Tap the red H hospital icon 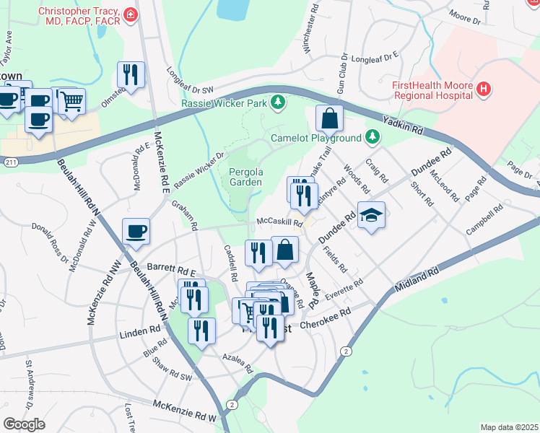coord(484,90)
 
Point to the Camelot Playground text coord(315,138)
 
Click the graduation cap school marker coord(371,215)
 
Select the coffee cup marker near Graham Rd coord(136,231)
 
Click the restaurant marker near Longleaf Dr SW coord(131,74)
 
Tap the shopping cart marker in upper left coord(71,102)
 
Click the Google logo coord(24,424)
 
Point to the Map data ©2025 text coord(509,427)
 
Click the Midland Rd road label coord(417,280)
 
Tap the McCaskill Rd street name coord(279,222)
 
